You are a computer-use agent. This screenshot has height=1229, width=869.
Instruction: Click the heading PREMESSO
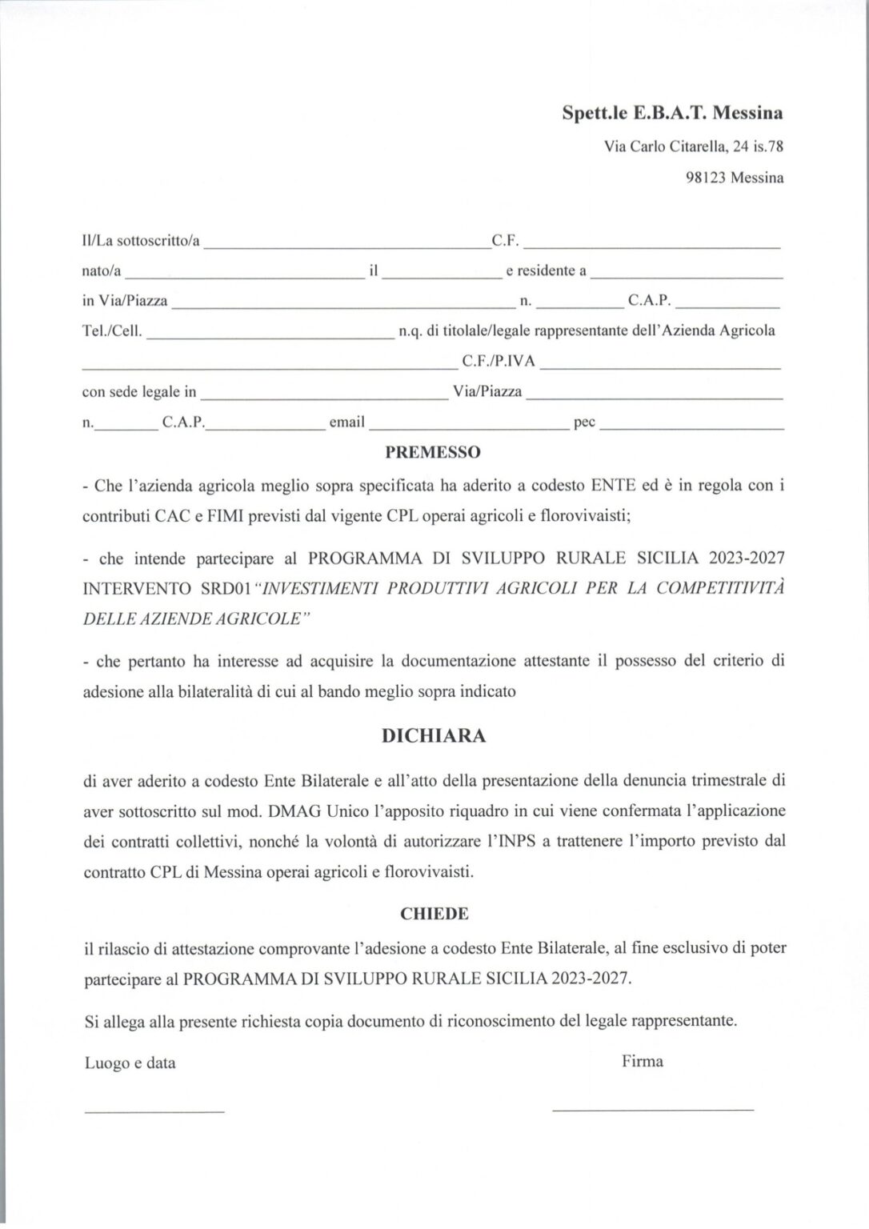[x=433, y=452]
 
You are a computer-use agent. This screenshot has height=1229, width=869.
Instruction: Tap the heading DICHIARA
[x=434, y=736]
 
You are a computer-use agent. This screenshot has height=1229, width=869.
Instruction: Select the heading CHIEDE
[x=434, y=914]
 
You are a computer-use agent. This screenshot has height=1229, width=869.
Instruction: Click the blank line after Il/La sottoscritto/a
[x=347, y=245]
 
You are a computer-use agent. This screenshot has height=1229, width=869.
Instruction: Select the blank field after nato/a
[x=244, y=275]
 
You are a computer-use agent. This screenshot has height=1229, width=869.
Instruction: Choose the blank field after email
[x=469, y=427]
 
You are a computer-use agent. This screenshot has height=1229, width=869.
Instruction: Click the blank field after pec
[x=691, y=427]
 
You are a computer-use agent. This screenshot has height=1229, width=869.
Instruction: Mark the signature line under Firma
[x=653, y=1109]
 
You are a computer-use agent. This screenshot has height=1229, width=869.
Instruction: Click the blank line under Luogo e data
[x=154, y=1111]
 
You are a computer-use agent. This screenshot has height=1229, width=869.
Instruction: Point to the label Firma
[x=643, y=1062]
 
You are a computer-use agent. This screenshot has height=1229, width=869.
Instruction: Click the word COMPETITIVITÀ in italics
[x=719, y=588]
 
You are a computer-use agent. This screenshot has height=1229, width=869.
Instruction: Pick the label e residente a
[x=547, y=270]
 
